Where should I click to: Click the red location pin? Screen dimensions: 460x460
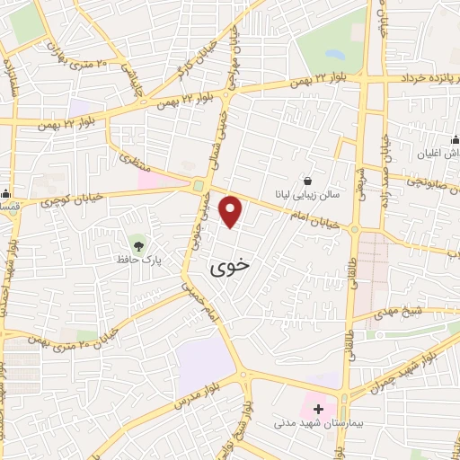(x=232, y=211)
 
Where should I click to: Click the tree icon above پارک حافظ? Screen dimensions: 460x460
(x=138, y=244)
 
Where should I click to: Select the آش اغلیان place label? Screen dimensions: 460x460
(x=428, y=154)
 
